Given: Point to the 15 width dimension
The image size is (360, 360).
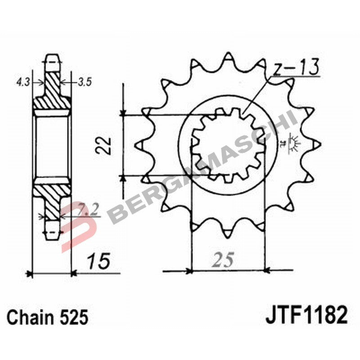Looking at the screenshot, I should (98, 261).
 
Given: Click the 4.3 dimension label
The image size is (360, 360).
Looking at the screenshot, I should (23, 82).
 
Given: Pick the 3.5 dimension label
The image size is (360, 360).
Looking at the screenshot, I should (85, 82).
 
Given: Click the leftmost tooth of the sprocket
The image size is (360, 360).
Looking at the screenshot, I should (139, 144).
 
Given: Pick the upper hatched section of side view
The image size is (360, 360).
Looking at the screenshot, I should (52, 92).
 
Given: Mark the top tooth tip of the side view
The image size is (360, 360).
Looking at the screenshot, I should (52, 58).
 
